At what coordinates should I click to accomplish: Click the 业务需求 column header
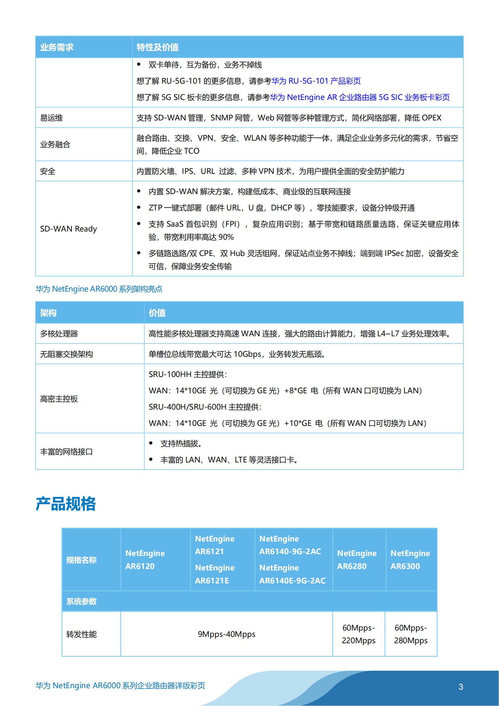(x=57, y=47)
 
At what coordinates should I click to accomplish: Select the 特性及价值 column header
(x=157, y=47)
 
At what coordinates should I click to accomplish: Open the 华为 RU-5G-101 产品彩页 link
(x=316, y=81)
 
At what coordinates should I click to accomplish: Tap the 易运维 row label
(x=51, y=118)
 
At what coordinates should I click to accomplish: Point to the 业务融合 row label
(x=55, y=145)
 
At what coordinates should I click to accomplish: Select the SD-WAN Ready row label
(x=68, y=229)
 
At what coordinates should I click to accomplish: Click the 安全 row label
(x=48, y=171)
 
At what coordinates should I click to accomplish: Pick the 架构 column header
(x=48, y=313)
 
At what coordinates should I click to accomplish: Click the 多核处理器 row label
(x=59, y=334)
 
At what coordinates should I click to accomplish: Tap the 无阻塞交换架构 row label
(x=66, y=354)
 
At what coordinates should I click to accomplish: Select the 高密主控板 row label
(x=59, y=399)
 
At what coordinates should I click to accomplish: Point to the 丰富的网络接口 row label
(x=66, y=452)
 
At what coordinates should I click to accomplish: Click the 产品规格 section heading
(x=66, y=504)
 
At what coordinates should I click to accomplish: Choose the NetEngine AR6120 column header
(x=145, y=560)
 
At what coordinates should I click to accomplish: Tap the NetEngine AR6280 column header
(x=357, y=560)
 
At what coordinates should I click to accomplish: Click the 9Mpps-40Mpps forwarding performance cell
(x=227, y=634)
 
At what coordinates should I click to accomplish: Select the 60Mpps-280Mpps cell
(x=411, y=634)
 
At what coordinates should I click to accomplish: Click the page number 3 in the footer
(x=461, y=687)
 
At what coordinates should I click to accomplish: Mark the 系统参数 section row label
(x=81, y=601)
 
